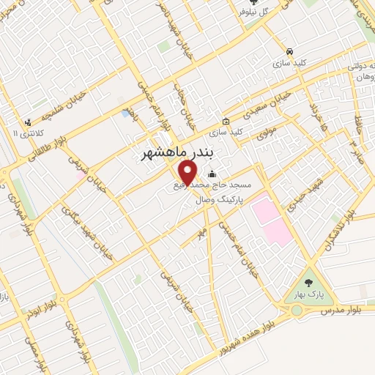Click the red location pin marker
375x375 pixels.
coord(188,172)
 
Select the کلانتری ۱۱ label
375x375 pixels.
coord(29,133)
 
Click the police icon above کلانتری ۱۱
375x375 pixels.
coord(28,122)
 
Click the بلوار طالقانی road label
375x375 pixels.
coord(51,146)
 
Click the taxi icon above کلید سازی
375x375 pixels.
coord(291,52)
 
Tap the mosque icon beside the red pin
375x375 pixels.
coord(212,174)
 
